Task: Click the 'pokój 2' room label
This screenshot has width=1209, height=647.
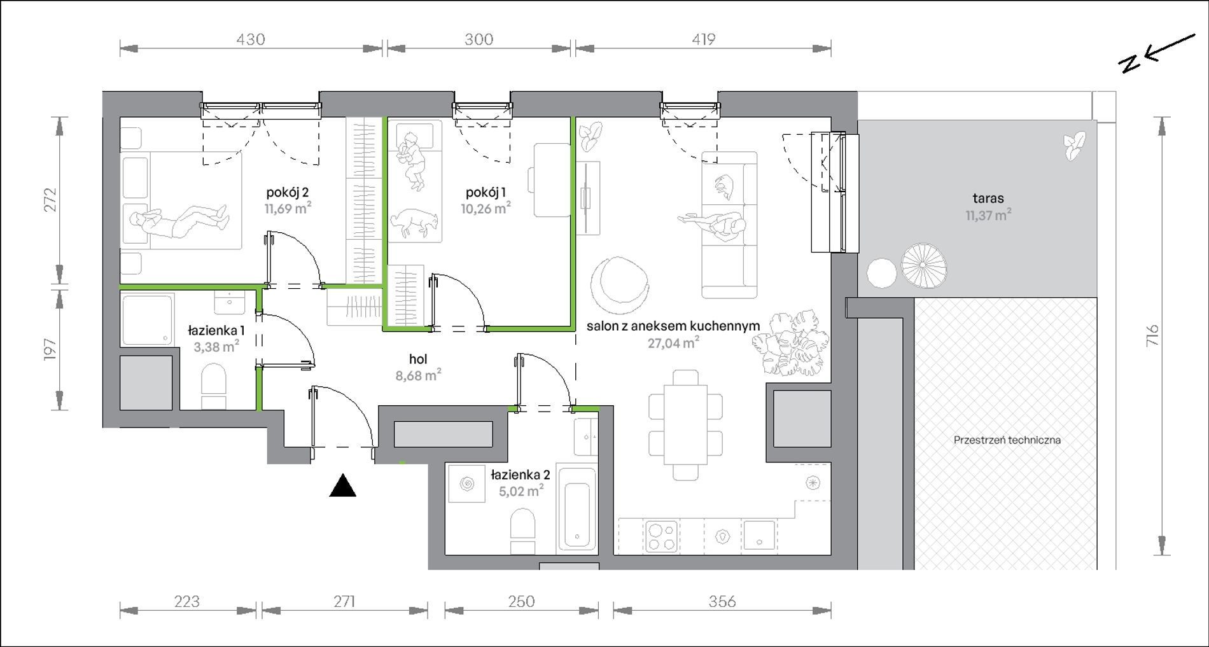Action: pyautogui.click(x=288, y=192)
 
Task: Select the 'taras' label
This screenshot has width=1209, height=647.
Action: pyautogui.click(x=988, y=198)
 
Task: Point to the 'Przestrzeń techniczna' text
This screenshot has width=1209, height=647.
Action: pyautogui.click(x=1007, y=440)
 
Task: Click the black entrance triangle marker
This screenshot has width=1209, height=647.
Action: pyautogui.click(x=342, y=485)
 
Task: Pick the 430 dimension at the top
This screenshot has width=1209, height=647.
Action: pyautogui.click(x=251, y=39)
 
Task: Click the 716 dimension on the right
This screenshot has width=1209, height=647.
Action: pyautogui.click(x=1152, y=335)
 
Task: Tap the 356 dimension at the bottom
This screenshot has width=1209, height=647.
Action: pyautogui.click(x=722, y=601)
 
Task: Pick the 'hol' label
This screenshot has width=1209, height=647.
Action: pyautogui.click(x=418, y=359)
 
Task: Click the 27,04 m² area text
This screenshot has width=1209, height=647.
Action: pyautogui.click(x=674, y=344)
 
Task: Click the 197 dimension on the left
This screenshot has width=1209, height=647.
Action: pyautogui.click(x=50, y=351)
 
